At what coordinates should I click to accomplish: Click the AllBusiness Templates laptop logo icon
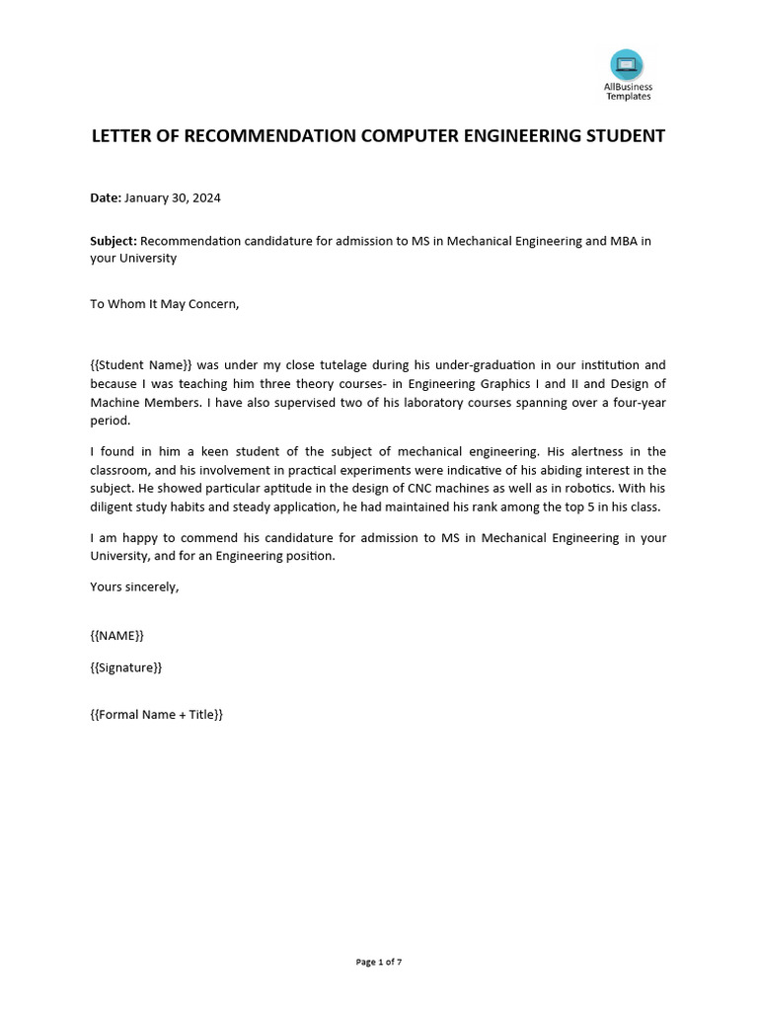[x=627, y=66]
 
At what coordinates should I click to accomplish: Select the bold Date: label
[x=106, y=197]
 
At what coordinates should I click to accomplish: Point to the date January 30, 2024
[x=173, y=197]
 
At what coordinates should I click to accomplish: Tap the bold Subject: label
[x=114, y=241]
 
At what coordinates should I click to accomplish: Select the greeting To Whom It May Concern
[x=165, y=303]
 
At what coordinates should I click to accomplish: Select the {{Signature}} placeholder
[x=126, y=667]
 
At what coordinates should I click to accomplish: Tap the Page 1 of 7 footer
[x=379, y=962]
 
